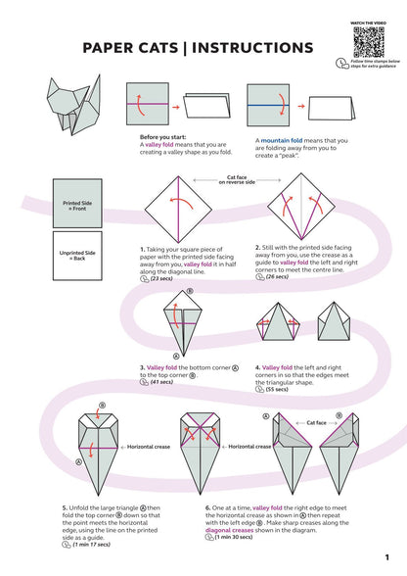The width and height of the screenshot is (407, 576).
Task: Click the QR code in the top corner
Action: [x=365, y=42]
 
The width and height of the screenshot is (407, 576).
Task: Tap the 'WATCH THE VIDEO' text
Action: [x=365, y=20]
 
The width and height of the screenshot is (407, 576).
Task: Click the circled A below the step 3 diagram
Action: [x=177, y=357]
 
